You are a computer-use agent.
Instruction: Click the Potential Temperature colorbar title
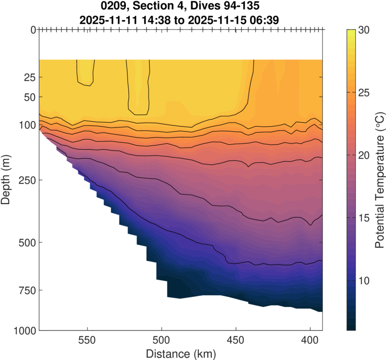[380, 180]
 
